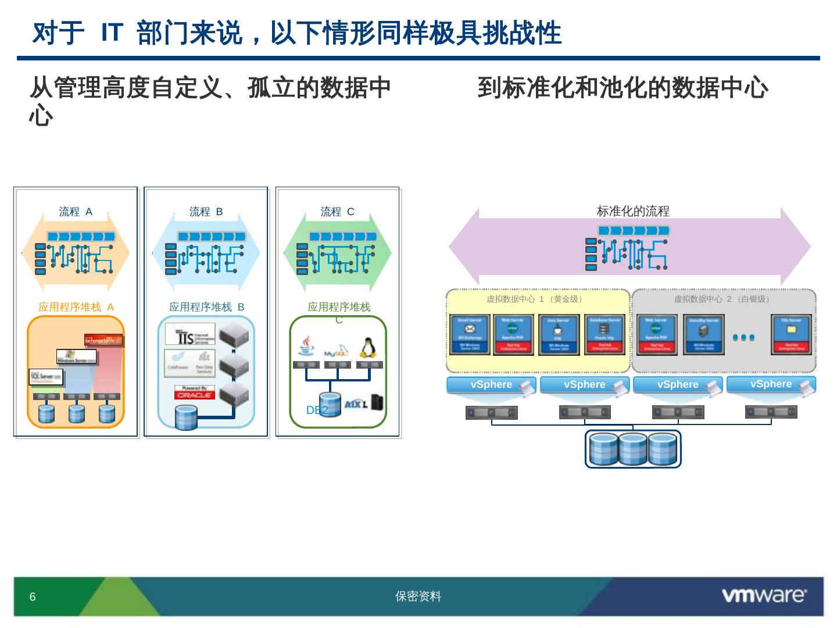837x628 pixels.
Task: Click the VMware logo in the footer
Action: click(763, 595)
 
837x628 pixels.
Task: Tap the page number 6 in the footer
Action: click(33, 597)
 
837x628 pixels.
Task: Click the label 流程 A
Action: click(76, 212)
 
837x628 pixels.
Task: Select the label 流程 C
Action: click(337, 212)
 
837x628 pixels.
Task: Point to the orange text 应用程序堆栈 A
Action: click(76, 307)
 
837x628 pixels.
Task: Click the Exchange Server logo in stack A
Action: click(103, 340)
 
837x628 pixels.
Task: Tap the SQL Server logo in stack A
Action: click(46, 377)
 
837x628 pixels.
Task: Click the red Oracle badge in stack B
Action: click(195, 392)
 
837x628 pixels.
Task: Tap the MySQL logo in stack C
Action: click(336, 351)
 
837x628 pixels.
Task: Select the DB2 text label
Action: click(317, 411)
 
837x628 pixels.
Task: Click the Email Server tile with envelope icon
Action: click(470, 334)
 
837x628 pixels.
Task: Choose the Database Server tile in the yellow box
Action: click(605, 334)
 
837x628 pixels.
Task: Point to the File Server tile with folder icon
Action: click(791, 334)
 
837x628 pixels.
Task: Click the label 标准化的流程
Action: click(633, 212)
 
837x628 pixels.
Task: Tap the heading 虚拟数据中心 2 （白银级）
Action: click(723, 299)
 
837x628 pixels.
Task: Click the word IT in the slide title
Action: click(110, 33)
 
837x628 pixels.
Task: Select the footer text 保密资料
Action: click(418, 597)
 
